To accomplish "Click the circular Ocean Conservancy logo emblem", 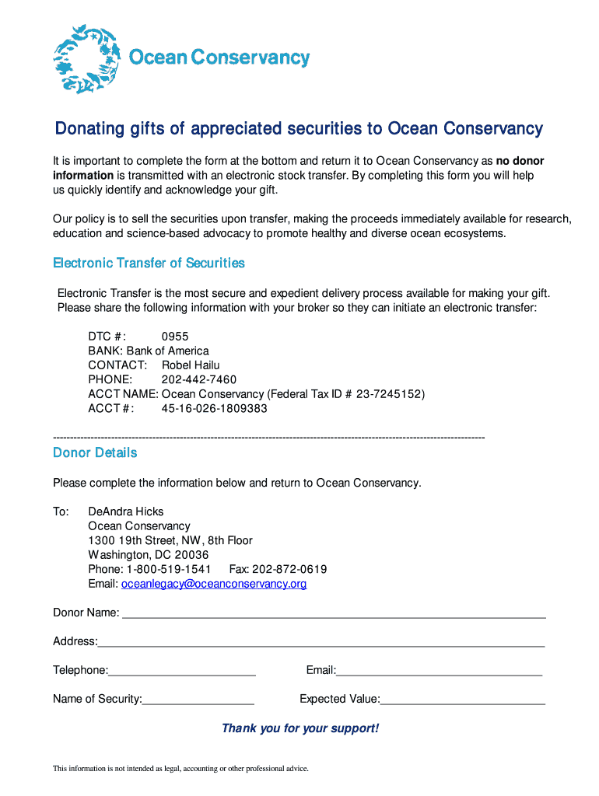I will click(x=84, y=59).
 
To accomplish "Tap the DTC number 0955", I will click(x=175, y=337).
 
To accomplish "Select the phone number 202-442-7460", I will click(x=199, y=379).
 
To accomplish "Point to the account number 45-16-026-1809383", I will click(x=215, y=408).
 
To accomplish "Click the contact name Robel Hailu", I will click(x=191, y=365).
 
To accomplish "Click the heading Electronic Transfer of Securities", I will click(x=149, y=264).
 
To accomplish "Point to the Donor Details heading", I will click(x=95, y=452).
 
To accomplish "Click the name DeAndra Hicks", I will click(x=126, y=511).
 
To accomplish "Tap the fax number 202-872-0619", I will click(x=289, y=569).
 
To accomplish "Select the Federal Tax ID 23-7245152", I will click(x=391, y=394).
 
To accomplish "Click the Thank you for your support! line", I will click(x=300, y=728).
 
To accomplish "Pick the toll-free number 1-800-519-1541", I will click(x=169, y=569).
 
